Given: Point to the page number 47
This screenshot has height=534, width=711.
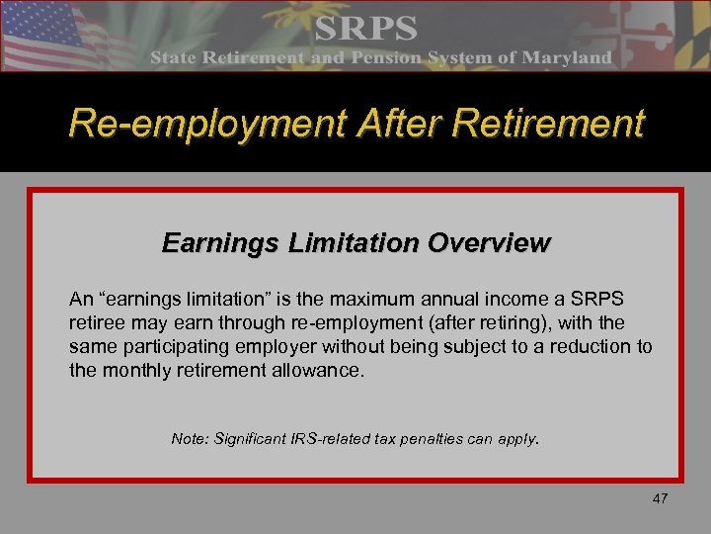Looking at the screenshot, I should [660, 498].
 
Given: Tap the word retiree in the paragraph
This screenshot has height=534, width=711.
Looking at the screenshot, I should [96, 322].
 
